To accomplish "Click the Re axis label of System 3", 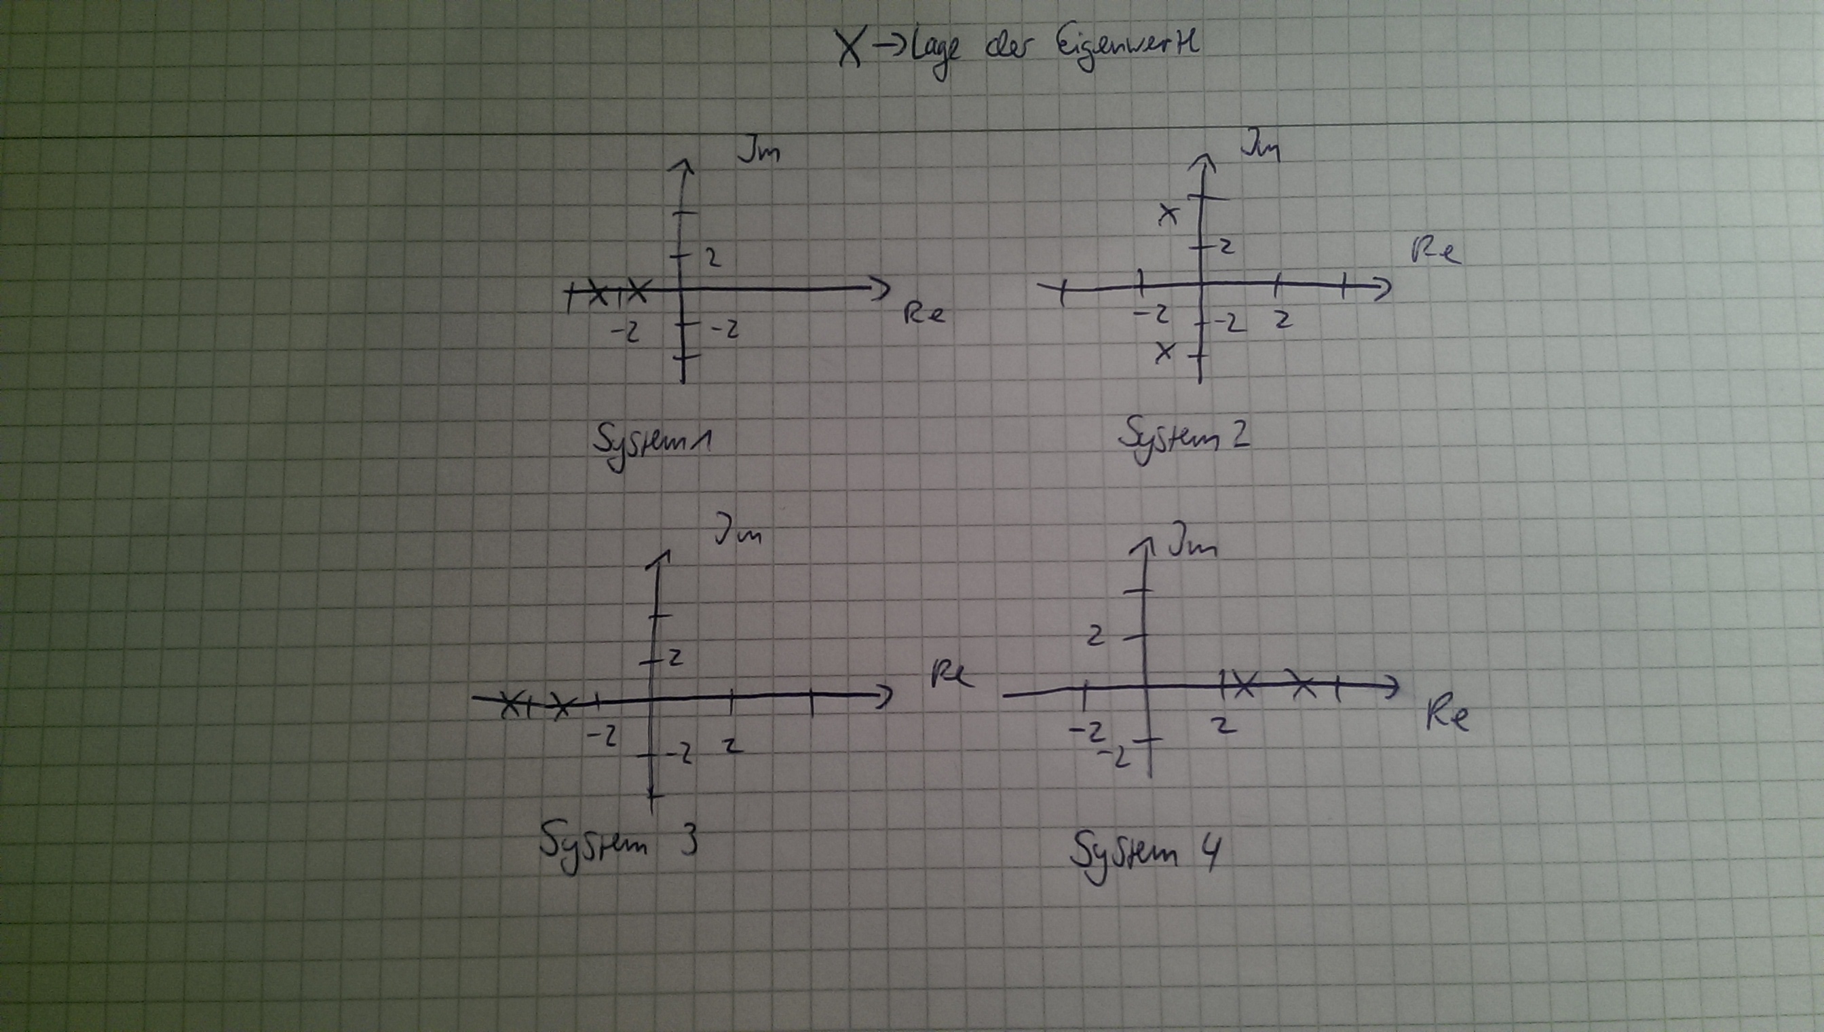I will tap(952, 674).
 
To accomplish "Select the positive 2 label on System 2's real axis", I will tap(1282, 320).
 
